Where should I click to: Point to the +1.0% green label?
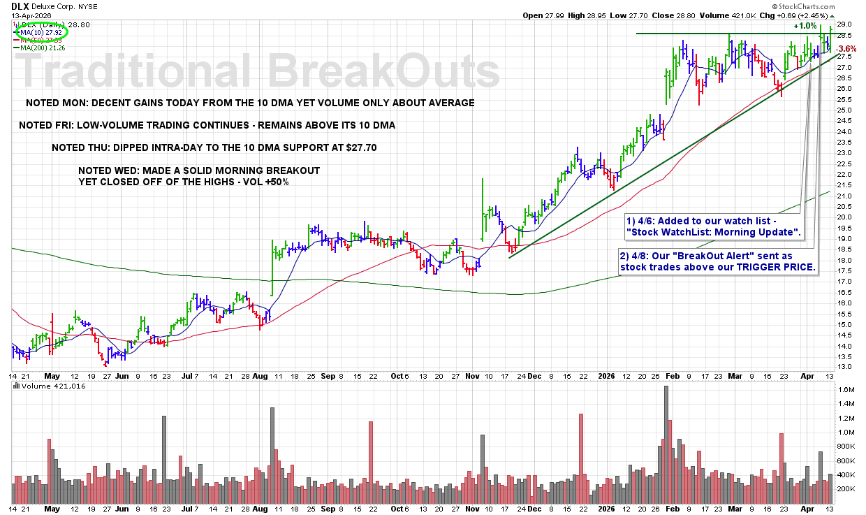click(805, 26)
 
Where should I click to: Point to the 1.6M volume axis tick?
click(847, 389)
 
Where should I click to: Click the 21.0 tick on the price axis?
click(844, 195)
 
